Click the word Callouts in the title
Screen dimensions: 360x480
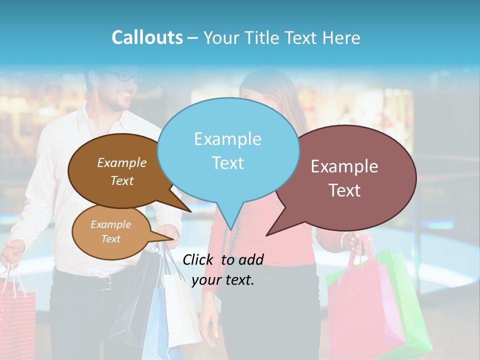click(x=147, y=37)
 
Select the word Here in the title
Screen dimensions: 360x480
click(x=342, y=37)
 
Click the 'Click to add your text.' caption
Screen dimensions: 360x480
click(x=223, y=269)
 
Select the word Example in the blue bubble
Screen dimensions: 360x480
click(x=228, y=139)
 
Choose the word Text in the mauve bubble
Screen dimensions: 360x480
click(x=344, y=190)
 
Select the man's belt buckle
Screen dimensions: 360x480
click(x=105, y=283)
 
